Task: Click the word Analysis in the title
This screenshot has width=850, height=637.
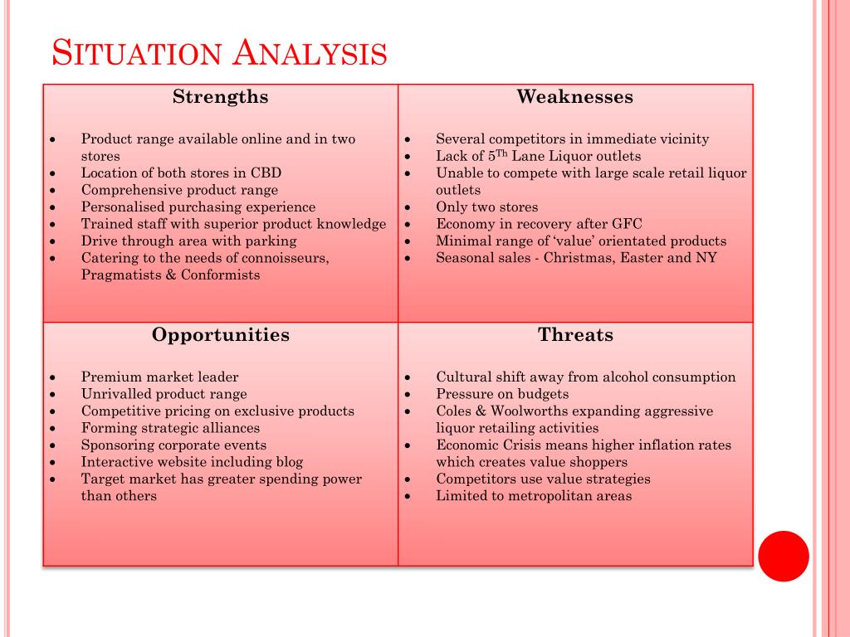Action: [x=310, y=53]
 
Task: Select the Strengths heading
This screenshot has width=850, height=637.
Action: [x=221, y=96]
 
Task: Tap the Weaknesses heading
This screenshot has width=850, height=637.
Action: [x=575, y=96]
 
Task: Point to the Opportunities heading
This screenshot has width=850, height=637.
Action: [x=221, y=335]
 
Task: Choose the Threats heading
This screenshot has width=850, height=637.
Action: [x=576, y=335]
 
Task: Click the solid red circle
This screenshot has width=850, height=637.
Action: [x=784, y=557]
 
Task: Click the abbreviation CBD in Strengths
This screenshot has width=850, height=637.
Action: [x=266, y=173]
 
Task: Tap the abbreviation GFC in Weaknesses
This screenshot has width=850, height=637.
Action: [x=627, y=224]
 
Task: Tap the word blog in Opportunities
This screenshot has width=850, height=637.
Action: [x=290, y=462]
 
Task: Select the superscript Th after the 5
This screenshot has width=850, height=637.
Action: [x=501, y=153]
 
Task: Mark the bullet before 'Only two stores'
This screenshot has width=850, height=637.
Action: [x=408, y=207]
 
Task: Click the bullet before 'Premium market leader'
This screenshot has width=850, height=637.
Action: [x=52, y=377]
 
